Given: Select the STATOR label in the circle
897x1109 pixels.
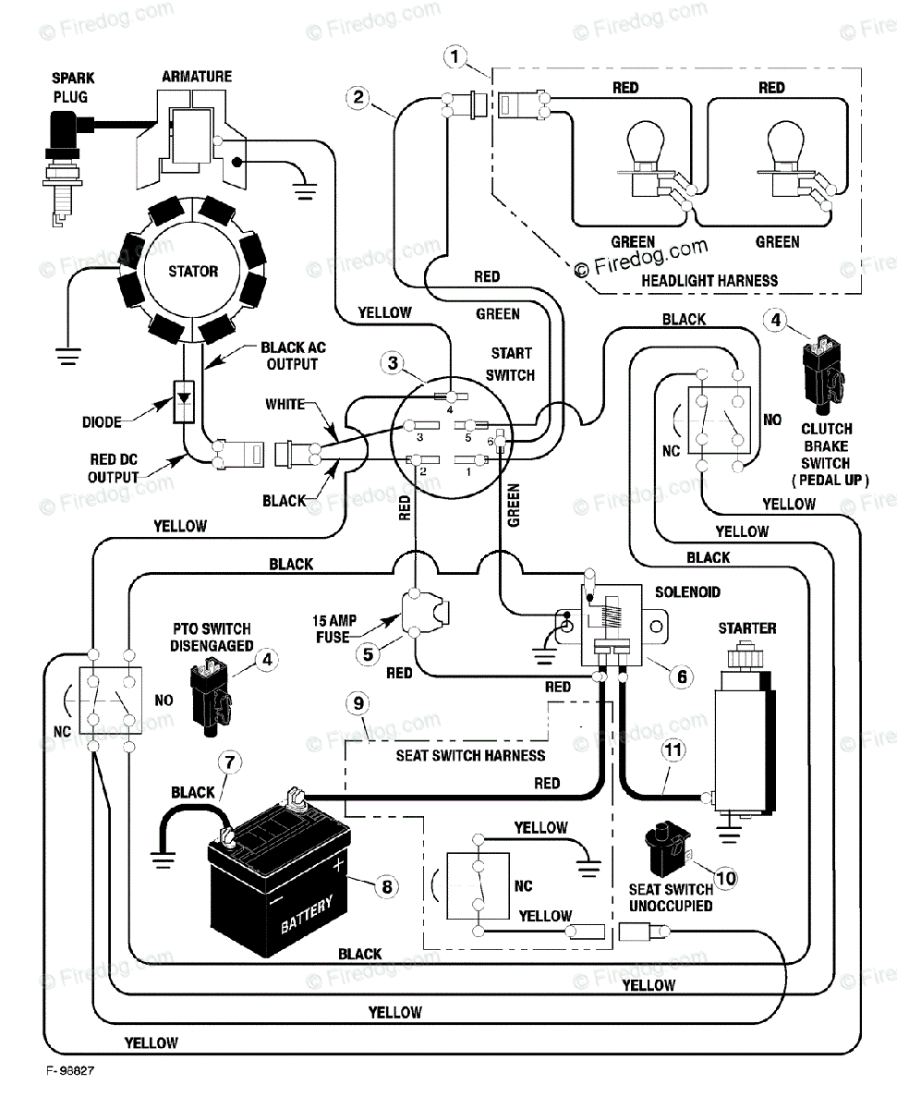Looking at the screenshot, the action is (193, 272).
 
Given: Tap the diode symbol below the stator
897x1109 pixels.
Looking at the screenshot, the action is (184, 401).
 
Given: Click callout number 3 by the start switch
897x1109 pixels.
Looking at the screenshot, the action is (393, 363).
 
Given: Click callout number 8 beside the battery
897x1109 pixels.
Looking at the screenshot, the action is (386, 886).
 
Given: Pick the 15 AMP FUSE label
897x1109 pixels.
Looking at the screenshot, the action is (334, 628).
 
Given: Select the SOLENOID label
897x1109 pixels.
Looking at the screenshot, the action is (687, 592).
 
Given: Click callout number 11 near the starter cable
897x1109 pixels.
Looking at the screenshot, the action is (673, 750).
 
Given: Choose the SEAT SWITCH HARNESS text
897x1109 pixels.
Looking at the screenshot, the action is (470, 755).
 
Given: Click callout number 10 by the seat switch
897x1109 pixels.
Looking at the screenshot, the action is (726, 878).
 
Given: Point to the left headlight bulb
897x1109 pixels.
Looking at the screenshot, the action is (646, 159).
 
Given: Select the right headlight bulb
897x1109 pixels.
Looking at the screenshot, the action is (785, 159).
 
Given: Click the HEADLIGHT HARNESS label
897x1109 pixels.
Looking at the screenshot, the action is (709, 281).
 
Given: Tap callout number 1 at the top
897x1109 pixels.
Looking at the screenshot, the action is (455, 56).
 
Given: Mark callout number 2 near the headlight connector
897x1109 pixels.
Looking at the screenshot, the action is (358, 97).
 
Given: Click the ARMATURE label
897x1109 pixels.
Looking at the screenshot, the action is (197, 77).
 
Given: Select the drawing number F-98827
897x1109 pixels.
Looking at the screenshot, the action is (70, 1070).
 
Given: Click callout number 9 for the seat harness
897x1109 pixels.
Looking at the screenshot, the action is (358, 703).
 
